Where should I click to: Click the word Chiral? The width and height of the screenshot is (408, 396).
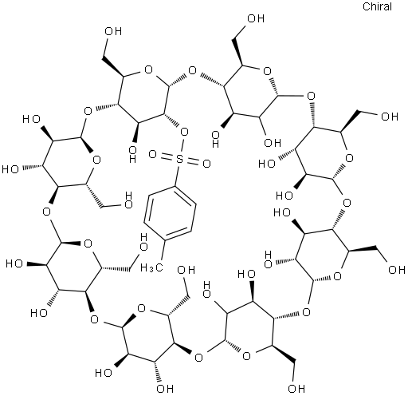(377, 6)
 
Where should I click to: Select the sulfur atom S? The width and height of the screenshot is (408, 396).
(180, 159)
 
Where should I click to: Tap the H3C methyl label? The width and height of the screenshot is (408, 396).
(151, 267)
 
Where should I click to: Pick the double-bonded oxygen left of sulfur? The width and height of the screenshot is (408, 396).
(152, 154)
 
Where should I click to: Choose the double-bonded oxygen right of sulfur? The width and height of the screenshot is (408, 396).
(206, 164)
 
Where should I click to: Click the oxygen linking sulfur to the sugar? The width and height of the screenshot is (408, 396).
(184, 132)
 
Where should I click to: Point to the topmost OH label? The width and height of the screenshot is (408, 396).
(256, 18)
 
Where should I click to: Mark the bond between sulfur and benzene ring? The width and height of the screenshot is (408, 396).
(177, 175)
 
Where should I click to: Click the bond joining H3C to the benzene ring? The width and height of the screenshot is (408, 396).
(162, 250)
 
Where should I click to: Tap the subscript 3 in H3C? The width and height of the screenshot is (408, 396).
(151, 269)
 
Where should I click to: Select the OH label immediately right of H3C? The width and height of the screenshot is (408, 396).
(186, 270)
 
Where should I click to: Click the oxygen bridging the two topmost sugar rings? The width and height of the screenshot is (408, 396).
(192, 71)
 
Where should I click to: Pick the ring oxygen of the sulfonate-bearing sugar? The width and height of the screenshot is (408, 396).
(148, 70)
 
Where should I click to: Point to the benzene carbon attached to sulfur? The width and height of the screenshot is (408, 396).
(175, 186)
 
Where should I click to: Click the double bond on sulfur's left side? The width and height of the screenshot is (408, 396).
(167, 156)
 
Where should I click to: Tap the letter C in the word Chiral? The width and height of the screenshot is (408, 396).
(367, 6)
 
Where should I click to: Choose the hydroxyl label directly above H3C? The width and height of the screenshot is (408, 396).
(143, 242)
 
